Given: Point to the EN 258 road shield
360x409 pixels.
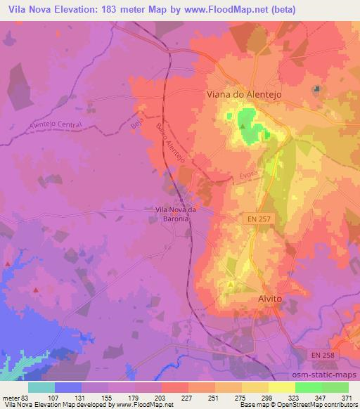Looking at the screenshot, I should pos(326,356).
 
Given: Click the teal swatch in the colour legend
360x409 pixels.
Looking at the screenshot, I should pos(41,387).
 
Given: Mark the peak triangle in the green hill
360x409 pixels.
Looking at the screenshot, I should pos(243,127).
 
